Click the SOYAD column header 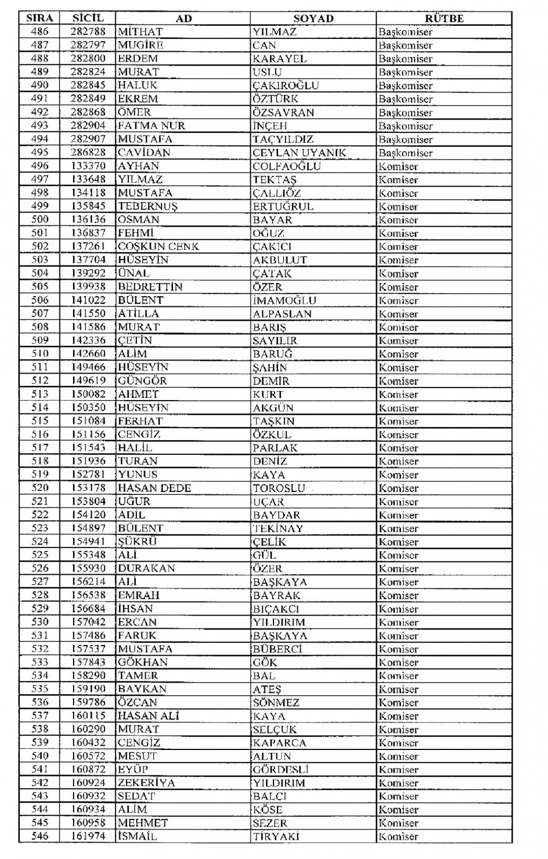[313, 18]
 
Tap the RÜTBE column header [444, 18]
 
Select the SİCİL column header [88, 18]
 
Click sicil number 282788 [88, 31]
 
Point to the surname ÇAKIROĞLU [285, 86]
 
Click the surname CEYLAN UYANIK [299, 152]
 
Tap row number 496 [40, 166]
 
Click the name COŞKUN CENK [158, 247]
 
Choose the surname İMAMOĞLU [284, 300]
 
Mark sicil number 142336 [88, 340]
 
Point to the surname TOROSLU [279, 488]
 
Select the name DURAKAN [146, 568]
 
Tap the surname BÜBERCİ [277, 649]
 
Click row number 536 [40, 703]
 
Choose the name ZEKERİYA [146, 783]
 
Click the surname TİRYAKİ [276, 837]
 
